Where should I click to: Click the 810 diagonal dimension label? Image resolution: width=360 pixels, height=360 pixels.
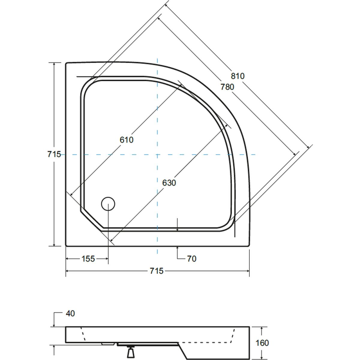(x=238, y=76)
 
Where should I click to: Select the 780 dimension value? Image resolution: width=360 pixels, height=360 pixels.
(x=227, y=87)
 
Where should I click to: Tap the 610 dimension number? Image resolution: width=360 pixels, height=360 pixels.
(x=127, y=140)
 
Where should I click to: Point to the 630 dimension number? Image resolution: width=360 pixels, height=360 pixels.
(x=169, y=183)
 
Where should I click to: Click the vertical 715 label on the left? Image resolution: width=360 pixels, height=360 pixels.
(x=54, y=154)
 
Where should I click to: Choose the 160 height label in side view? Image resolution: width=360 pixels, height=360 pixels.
(x=262, y=343)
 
